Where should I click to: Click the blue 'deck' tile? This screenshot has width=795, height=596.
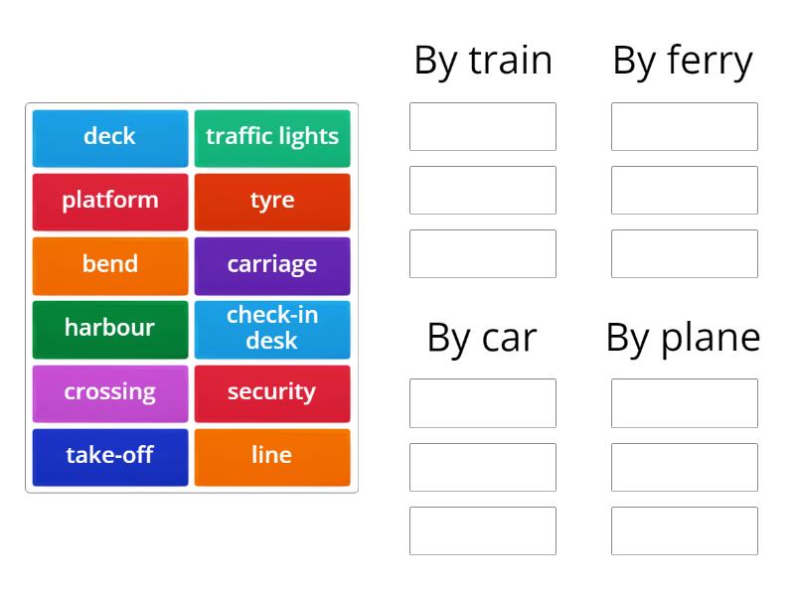(110, 138)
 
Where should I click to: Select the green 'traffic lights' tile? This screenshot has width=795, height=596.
(272, 138)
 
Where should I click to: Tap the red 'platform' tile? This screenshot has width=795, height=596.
(110, 203)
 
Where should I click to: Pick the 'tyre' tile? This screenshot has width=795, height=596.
(272, 203)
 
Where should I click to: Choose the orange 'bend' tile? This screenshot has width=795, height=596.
(110, 266)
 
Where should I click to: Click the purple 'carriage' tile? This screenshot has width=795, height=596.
(272, 266)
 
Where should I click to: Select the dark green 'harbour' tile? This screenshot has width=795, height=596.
(110, 330)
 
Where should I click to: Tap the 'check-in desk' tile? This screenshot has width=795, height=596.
(272, 330)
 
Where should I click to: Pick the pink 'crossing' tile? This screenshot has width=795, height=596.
(110, 393)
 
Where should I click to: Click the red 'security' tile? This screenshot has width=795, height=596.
(272, 393)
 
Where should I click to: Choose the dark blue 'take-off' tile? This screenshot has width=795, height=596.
(110, 458)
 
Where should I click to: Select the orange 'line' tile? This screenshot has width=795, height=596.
(272, 458)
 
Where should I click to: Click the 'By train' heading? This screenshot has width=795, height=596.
(483, 62)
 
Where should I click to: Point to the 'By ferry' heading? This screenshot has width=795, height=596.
(683, 62)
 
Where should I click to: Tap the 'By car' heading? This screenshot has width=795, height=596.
(482, 339)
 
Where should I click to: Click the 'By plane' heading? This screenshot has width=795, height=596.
(683, 339)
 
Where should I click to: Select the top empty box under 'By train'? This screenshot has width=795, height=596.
(483, 127)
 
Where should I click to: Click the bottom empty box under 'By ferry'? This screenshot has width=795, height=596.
(685, 254)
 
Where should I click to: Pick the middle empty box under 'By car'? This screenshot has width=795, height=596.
(483, 467)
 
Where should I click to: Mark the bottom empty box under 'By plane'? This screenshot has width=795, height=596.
(685, 530)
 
